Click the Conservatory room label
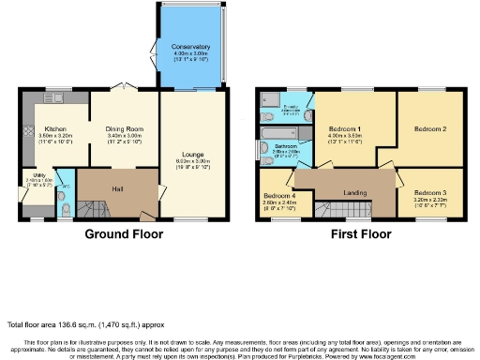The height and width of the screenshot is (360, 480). coord(190,46)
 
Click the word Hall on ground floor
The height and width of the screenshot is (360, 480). coord(117,189)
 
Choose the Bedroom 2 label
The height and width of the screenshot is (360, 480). coord(430,128)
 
